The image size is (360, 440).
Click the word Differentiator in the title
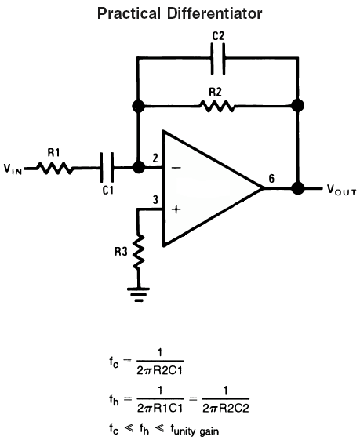click(215, 13)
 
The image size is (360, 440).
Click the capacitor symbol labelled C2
click(218, 58)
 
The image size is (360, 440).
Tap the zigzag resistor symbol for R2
click(216, 107)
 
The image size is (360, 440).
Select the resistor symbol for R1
click(55, 168)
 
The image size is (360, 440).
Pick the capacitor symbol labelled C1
click(107, 168)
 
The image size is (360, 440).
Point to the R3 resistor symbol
click(138, 252)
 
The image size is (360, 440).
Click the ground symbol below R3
click(138, 294)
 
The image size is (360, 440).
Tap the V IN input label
click(13, 169)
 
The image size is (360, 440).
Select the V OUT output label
click(341, 190)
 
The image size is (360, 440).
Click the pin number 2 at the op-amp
click(155, 158)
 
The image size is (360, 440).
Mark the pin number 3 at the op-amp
click(155, 200)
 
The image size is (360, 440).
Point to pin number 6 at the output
click(271, 179)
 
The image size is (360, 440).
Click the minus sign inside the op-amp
click(176, 168)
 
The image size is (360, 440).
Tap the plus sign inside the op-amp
click(176, 209)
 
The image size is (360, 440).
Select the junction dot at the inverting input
click(138, 168)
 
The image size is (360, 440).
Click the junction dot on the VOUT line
click(298, 187)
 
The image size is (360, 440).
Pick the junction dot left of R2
click(138, 106)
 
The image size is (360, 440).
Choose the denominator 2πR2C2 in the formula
click(226, 408)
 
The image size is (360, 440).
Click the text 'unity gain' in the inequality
click(196, 431)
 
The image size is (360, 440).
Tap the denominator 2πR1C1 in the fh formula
click(160, 408)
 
